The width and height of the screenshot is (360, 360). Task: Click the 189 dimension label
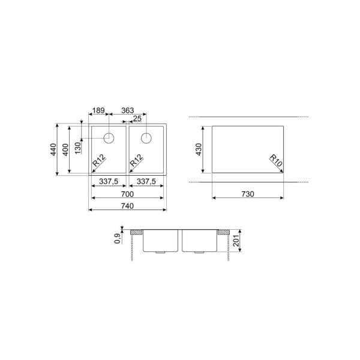(x=98, y=110)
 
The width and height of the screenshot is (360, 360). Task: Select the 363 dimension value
(x=127, y=110)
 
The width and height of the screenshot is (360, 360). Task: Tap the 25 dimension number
(x=137, y=119)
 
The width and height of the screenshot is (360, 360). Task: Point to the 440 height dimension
(x=53, y=149)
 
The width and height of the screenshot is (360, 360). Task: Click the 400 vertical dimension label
(x=65, y=149)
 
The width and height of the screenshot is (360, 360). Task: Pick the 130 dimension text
(x=78, y=148)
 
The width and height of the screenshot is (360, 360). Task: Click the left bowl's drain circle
(x=109, y=138)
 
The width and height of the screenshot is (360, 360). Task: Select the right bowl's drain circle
(x=146, y=138)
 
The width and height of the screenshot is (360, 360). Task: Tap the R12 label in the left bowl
(x=99, y=160)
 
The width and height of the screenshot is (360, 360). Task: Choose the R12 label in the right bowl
(x=136, y=160)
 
